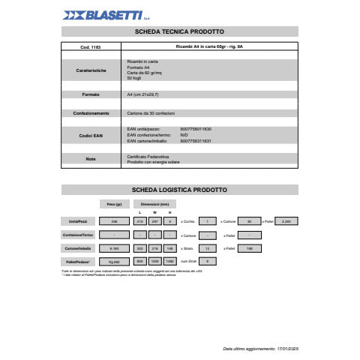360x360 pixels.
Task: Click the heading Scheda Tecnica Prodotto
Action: click(179, 31)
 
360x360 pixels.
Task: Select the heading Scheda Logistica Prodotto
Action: click(179, 190)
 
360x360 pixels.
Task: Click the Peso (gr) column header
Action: click(115, 204)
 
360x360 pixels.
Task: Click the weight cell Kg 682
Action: click(115, 260)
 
